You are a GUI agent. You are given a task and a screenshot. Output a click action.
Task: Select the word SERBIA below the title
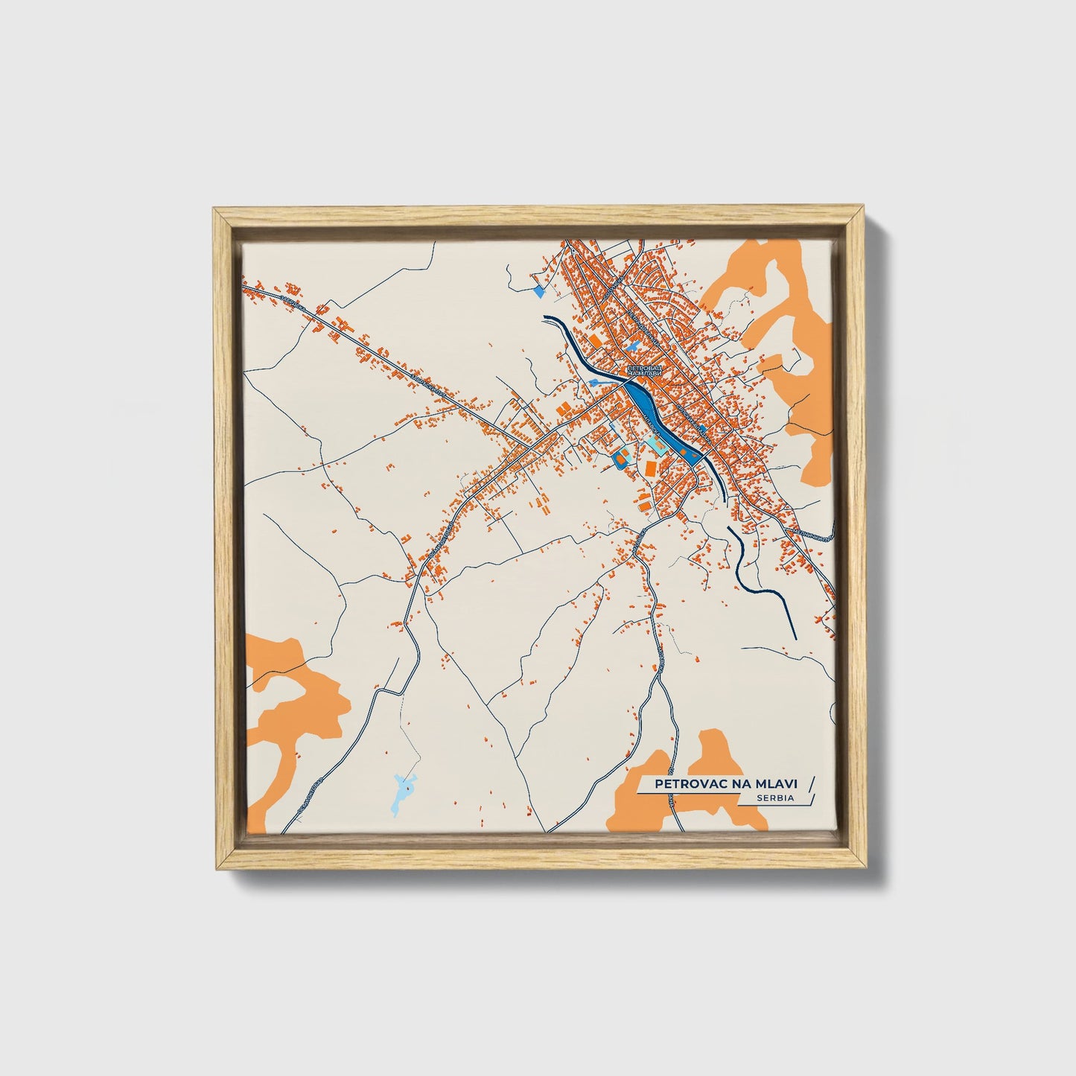(x=774, y=798)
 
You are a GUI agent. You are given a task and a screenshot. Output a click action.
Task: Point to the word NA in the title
(x=730, y=783)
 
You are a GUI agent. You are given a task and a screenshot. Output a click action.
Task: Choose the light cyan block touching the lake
(x=657, y=448)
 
